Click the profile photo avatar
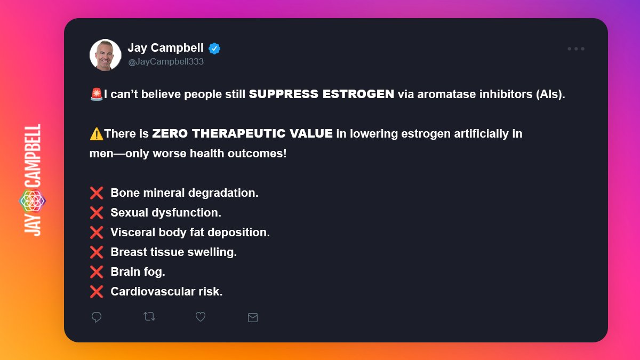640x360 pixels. (106, 54)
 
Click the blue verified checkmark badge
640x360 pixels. (214, 49)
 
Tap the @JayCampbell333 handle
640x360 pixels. (165, 62)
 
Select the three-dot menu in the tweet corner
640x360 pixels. (575, 49)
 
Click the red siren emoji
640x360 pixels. (97, 94)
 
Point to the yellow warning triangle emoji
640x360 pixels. (97, 134)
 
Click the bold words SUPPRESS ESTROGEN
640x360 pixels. (322, 94)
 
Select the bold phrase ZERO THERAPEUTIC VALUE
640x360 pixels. (242, 134)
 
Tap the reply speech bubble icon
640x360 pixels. (97, 317)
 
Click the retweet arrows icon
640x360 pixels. (149, 317)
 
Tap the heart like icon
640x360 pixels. (201, 317)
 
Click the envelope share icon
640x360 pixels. (253, 317)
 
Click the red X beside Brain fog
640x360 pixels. (97, 272)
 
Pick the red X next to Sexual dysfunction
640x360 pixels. (97, 213)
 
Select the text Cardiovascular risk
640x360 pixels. (166, 292)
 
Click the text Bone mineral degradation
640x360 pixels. (184, 193)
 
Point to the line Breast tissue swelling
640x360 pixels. (173, 252)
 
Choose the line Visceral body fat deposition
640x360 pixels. (190, 233)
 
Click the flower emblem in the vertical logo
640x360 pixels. (33, 201)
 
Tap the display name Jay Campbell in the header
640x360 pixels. (165, 48)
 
